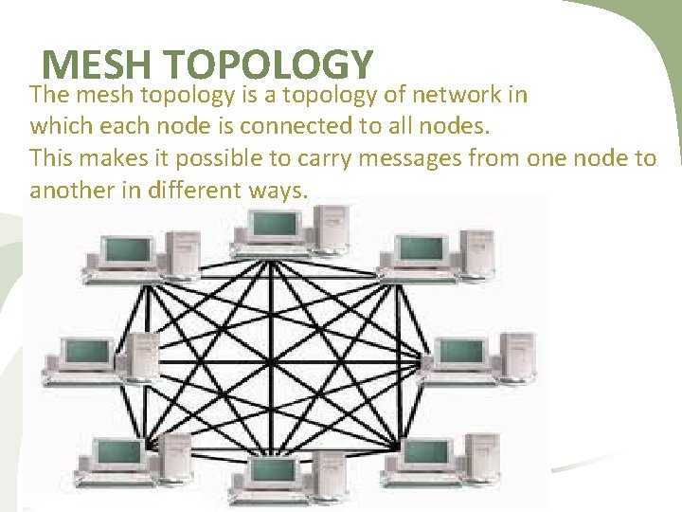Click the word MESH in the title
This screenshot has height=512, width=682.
point(96,65)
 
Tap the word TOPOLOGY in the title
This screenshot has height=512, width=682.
point(267,65)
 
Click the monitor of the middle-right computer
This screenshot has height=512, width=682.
point(461,351)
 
